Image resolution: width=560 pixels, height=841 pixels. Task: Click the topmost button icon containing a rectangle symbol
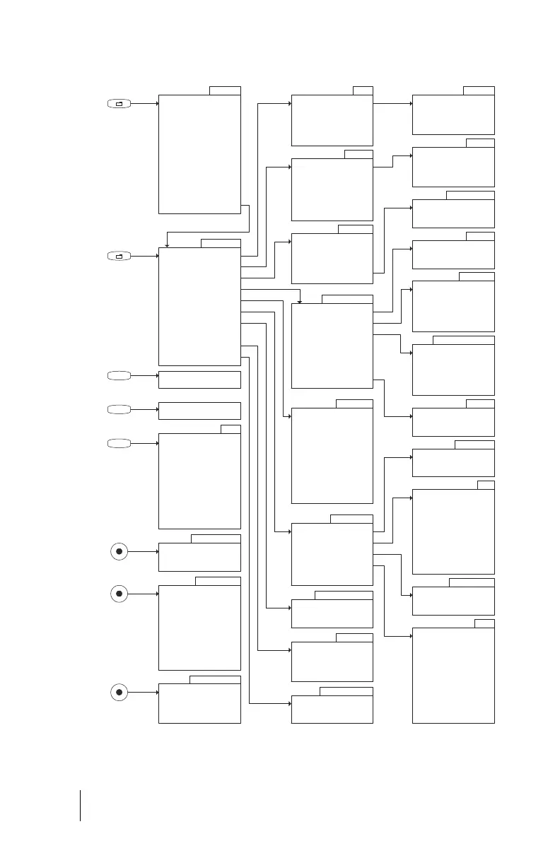119,104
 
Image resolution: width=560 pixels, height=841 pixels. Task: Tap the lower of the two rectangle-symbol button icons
119,256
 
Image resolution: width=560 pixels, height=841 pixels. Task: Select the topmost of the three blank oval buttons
119,375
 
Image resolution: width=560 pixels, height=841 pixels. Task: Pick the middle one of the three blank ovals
119,409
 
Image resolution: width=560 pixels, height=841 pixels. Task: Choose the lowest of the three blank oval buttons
119,443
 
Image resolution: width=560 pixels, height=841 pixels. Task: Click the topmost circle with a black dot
119,551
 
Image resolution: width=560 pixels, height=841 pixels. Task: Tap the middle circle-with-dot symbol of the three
119,594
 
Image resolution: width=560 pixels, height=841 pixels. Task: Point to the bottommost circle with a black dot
119,692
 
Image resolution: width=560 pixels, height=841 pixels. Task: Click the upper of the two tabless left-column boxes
199,380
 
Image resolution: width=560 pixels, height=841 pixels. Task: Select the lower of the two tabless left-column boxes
199,411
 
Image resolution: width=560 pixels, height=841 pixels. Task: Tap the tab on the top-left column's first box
225,90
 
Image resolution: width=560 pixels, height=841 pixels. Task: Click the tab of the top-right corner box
479,90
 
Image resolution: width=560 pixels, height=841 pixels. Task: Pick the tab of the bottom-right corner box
484,623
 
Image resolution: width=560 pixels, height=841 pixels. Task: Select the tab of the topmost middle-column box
363,90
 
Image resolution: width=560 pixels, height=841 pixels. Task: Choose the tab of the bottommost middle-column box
346,691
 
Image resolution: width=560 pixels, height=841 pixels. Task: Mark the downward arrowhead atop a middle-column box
301,300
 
